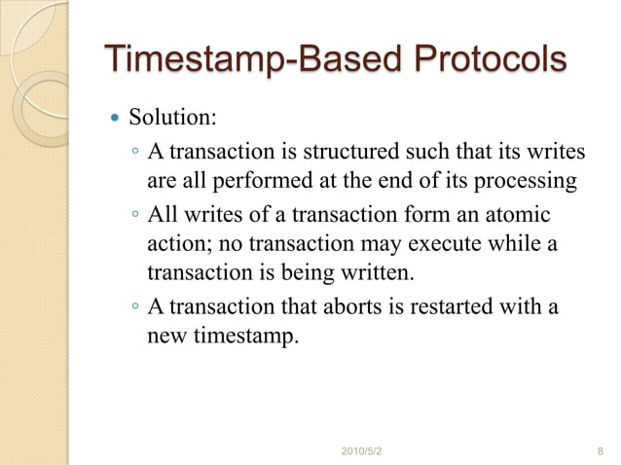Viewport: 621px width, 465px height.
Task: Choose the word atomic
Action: [515, 214]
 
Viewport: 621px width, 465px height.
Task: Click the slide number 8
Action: [598, 450]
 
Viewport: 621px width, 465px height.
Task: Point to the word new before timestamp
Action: [165, 337]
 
